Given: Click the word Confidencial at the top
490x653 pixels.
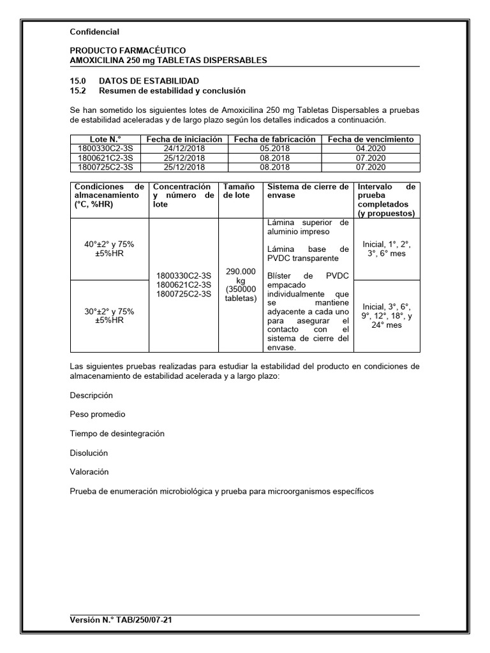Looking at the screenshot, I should [94, 31].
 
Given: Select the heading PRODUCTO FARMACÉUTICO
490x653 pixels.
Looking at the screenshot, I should [127, 50].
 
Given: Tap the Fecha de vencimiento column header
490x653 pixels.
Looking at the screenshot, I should [371, 139].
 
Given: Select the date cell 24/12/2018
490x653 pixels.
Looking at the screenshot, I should [184, 148].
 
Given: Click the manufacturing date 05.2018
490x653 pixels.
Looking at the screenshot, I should [274, 148].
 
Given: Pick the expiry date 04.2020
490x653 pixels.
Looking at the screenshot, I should [371, 148].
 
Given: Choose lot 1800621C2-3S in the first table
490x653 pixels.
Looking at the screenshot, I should [105, 158].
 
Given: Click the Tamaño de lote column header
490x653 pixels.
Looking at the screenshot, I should [240, 191].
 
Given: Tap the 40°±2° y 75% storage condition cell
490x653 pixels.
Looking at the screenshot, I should [109, 249].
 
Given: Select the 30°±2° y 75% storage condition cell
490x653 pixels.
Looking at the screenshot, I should [109, 316].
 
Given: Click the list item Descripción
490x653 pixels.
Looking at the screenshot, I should [91, 395].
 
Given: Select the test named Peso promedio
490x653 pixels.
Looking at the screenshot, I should [98, 415].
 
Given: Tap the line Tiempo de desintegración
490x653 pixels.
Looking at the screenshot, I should [117, 434].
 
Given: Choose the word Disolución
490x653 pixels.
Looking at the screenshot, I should [89, 453].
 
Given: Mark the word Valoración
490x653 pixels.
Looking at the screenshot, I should [89, 472].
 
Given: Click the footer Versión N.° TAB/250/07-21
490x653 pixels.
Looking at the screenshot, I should [121, 620].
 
